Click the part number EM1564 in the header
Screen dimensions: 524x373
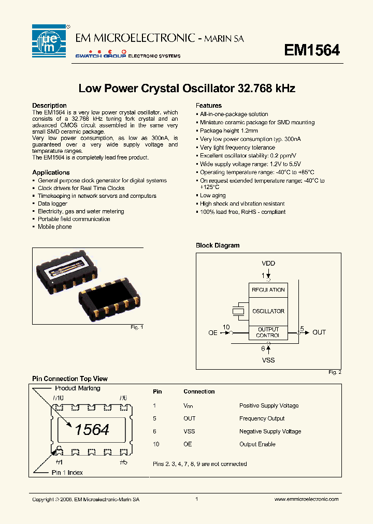(x=312, y=50)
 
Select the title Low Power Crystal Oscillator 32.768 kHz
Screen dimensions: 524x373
(x=187, y=89)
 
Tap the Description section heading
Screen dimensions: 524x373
(x=49, y=106)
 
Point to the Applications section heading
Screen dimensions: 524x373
(x=51, y=172)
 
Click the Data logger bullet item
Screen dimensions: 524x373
(x=52, y=203)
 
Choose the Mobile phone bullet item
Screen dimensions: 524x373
(x=54, y=227)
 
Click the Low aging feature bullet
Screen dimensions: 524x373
(x=212, y=196)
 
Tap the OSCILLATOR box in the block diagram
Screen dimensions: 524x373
(x=268, y=311)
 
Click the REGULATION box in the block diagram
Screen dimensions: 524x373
(x=268, y=290)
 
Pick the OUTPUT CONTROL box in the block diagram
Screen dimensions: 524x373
(x=268, y=332)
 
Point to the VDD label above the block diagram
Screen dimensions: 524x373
(x=268, y=264)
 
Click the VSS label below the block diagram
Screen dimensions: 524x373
(x=268, y=360)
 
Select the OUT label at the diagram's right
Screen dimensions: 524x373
(x=319, y=332)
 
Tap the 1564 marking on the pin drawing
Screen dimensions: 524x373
(x=92, y=430)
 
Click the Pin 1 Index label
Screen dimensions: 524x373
(x=67, y=473)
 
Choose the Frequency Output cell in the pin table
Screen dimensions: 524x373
(x=262, y=418)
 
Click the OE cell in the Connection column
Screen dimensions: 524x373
(x=188, y=444)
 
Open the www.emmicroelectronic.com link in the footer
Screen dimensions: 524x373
(x=306, y=499)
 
